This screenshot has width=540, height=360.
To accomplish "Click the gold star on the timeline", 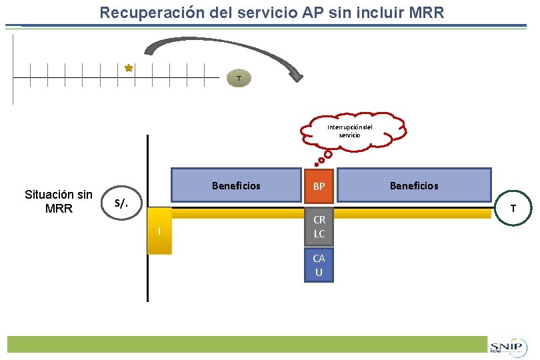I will click(129, 68).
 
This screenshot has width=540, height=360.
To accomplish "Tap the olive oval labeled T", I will click(239, 78).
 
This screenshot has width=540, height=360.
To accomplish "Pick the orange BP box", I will click(319, 186).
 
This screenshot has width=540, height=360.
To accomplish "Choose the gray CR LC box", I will click(319, 227).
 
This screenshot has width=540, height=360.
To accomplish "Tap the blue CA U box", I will click(319, 265).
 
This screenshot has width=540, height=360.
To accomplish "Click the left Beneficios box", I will click(236, 185).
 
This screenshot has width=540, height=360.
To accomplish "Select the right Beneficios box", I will click(413, 185).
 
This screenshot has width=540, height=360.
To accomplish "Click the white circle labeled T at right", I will click(513, 208).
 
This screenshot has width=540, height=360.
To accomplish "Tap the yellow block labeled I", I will click(159, 231).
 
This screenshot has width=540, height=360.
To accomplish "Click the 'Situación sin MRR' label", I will click(59, 201).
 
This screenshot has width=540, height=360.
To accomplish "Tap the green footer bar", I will click(247, 344).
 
